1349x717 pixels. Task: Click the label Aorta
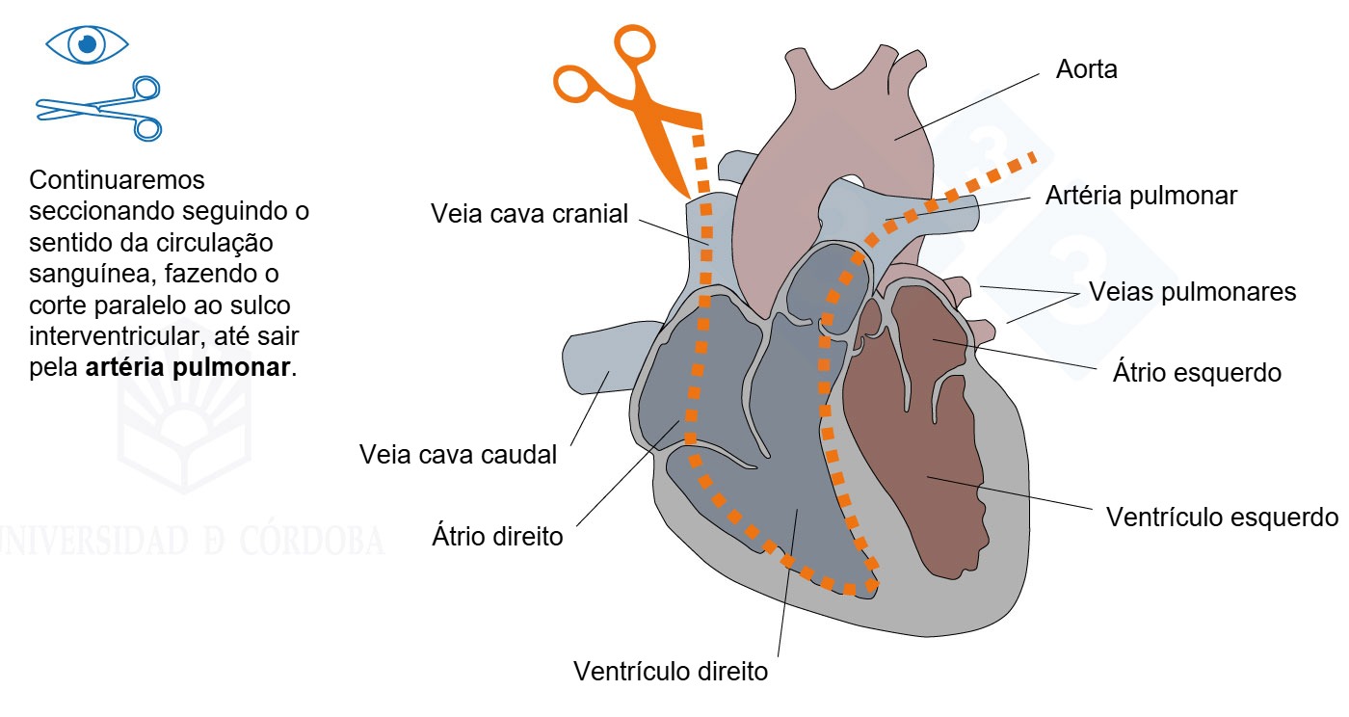(1087, 69)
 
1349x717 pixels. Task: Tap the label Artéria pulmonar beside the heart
(1141, 196)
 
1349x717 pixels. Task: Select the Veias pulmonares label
(1192, 292)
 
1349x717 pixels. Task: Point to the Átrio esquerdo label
(1197, 372)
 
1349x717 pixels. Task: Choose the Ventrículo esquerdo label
(1222, 517)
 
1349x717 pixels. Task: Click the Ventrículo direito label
(671, 671)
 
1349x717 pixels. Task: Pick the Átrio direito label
(497, 535)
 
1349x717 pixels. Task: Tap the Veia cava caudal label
(458, 454)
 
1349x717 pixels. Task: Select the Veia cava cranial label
(529, 214)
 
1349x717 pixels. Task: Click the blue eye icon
(88, 44)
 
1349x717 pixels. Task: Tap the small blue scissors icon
(99, 109)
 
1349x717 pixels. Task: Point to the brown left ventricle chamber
(915, 434)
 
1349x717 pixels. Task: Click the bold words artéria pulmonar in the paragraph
(188, 367)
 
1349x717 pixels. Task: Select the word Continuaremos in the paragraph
(117, 179)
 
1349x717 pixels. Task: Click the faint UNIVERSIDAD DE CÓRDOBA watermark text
(192, 541)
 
